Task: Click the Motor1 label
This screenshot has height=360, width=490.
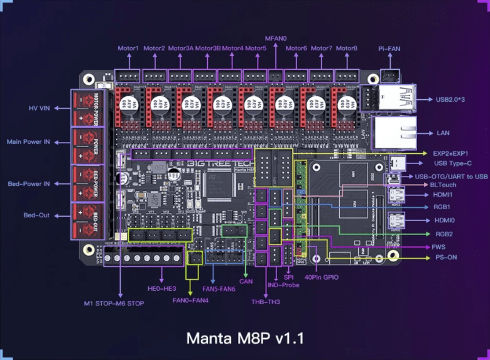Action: pyautogui.click(x=129, y=48)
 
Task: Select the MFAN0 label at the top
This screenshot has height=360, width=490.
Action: pyautogui.click(x=275, y=38)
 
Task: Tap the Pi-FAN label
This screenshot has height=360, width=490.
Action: pyautogui.click(x=389, y=48)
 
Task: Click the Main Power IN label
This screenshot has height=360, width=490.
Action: pyautogui.click(x=28, y=142)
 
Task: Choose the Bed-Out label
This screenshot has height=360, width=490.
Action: pyautogui.click(x=36, y=215)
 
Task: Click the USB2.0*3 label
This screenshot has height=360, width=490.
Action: pyautogui.click(x=452, y=99)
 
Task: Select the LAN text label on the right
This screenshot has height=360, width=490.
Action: pyautogui.click(x=443, y=133)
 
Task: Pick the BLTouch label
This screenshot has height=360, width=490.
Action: pyautogui.click(x=444, y=185)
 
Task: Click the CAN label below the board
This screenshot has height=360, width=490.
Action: pyautogui.click(x=246, y=281)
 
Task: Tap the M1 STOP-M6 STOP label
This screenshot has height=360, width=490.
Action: pyautogui.click(x=114, y=303)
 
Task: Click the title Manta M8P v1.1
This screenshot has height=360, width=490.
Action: pyautogui.click(x=245, y=338)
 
